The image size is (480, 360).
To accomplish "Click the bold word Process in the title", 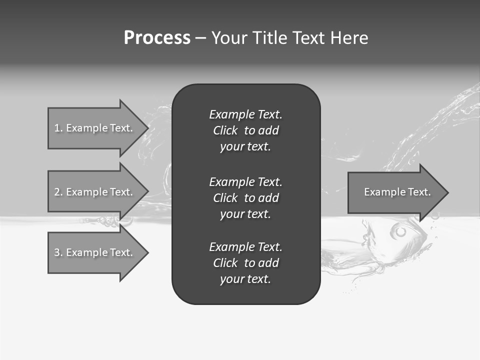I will coord(157,38).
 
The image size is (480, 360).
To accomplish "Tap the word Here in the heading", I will coord(349,38).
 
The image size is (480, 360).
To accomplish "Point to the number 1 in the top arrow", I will coord(57,128).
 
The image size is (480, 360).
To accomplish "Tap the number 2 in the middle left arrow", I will coord(57,192).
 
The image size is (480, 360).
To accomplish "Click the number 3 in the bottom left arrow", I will coord(57,252).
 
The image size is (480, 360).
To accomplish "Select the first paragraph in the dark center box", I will coord(245,130).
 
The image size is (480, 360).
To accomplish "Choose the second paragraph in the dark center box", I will coord(245,198).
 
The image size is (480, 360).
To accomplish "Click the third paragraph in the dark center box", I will coord(245,263).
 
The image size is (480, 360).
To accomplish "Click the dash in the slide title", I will coord(200,38).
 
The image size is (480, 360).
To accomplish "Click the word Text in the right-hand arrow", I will coord(419,192).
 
